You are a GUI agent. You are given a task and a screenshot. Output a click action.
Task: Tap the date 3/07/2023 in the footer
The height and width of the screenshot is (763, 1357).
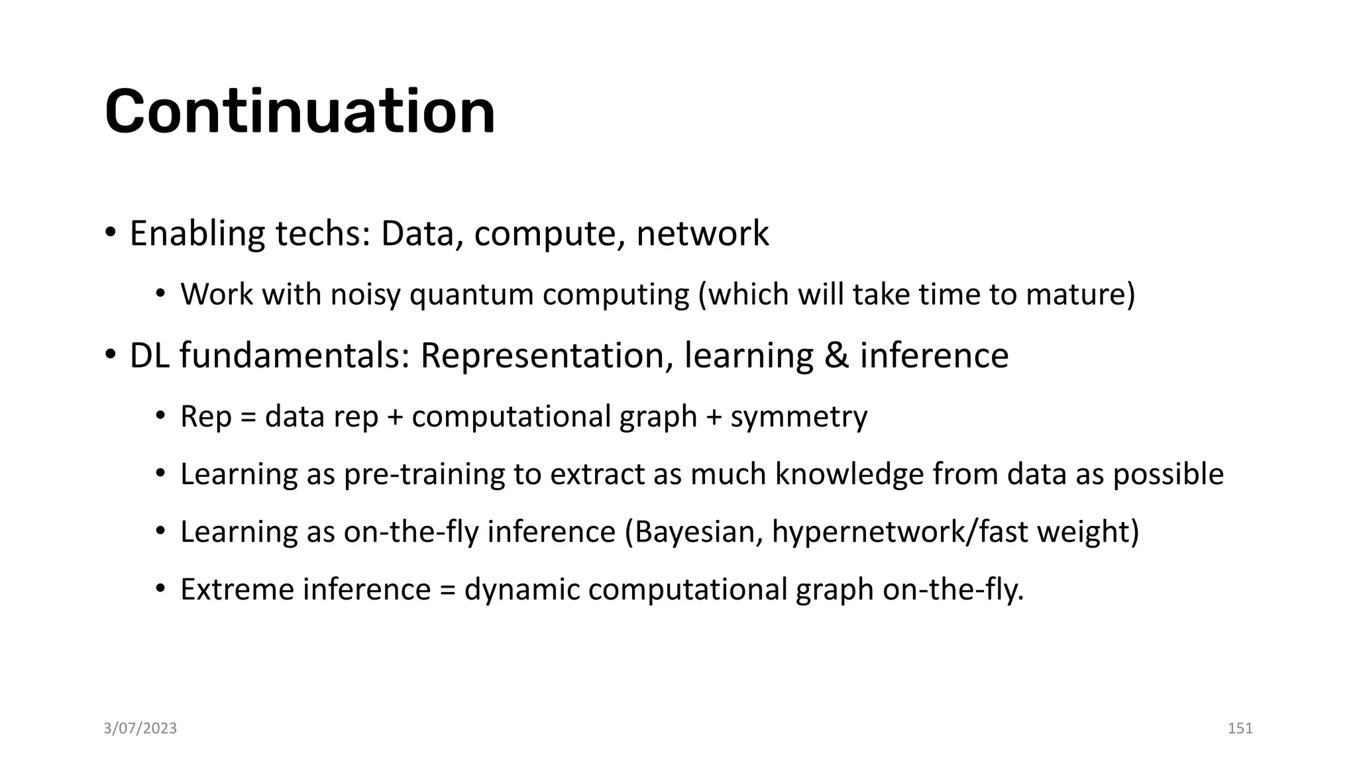(x=140, y=729)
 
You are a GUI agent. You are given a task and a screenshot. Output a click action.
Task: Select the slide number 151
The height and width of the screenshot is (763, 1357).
(x=1240, y=729)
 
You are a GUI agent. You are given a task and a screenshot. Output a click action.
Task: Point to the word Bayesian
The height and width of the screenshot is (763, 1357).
(x=694, y=532)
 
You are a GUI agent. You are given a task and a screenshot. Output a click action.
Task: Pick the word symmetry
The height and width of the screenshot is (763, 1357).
(x=798, y=417)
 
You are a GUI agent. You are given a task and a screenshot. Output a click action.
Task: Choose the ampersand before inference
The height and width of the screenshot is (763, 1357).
(x=837, y=356)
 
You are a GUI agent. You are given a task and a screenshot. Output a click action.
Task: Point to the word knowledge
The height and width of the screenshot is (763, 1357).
(x=849, y=475)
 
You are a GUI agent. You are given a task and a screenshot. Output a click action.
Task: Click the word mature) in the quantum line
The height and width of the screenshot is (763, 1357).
(x=1081, y=295)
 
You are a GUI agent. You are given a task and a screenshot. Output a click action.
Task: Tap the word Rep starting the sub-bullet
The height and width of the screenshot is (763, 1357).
(x=205, y=417)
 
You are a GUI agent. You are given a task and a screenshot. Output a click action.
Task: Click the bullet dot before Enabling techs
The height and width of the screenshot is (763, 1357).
(x=111, y=234)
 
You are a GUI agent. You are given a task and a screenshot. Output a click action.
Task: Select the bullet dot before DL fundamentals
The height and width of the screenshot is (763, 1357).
(x=111, y=356)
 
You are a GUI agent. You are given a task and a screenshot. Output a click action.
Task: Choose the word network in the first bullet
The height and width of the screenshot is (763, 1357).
(x=702, y=234)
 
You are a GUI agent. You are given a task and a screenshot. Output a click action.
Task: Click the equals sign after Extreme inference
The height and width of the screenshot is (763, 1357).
(x=447, y=589)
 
